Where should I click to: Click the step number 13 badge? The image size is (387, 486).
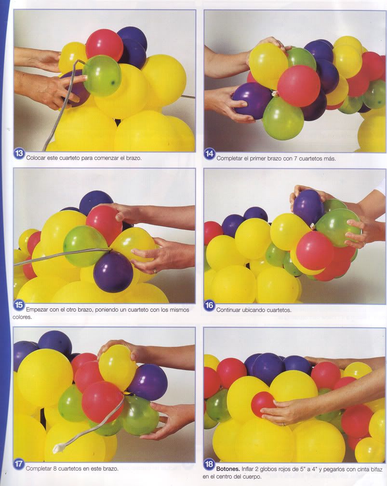19,154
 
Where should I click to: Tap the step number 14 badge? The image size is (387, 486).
209,154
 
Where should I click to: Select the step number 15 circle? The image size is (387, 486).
19,305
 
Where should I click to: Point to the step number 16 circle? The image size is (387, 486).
209,305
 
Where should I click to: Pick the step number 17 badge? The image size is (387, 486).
19,464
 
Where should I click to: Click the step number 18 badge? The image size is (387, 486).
209,464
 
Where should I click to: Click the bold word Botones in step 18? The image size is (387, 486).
228,469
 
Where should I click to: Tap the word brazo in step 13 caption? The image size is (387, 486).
133,158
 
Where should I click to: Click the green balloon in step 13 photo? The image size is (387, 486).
102,75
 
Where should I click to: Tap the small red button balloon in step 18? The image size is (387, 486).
263,404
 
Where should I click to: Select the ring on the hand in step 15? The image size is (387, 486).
155,271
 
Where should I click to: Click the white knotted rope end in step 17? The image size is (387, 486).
59,448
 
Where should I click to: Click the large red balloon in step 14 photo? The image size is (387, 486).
299,86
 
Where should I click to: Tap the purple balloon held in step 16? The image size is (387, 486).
308,207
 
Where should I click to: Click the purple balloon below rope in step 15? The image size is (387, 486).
113,272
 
